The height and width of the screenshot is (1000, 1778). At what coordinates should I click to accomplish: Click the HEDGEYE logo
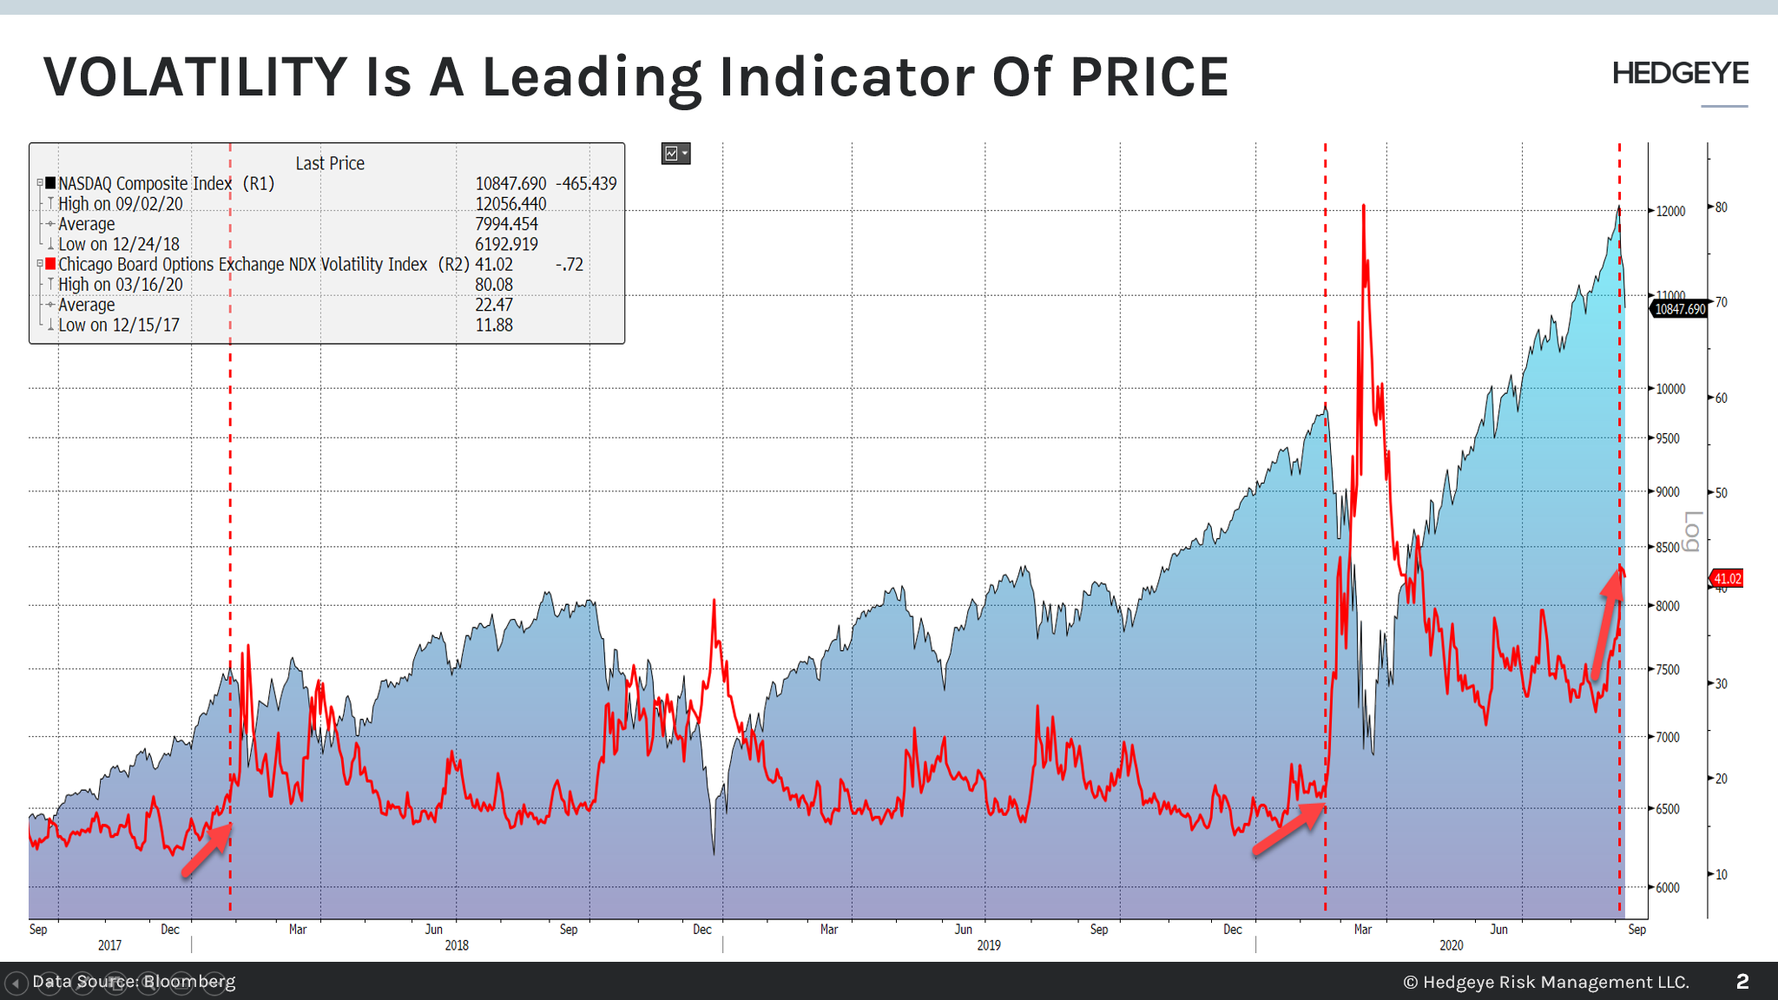pyautogui.click(x=1680, y=74)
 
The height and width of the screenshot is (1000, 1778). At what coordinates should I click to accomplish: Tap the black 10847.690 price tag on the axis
pyautogui.click(x=1679, y=309)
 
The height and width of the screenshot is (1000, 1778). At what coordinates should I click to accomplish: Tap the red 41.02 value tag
pyautogui.click(x=1727, y=578)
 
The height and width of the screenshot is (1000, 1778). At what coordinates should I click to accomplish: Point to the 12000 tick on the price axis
pyautogui.click(x=1670, y=211)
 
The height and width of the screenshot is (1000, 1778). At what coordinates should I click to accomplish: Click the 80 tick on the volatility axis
pyautogui.click(x=1721, y=207)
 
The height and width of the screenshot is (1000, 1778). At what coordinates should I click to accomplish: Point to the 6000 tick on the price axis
pyautogui.click(x=1667, y=887)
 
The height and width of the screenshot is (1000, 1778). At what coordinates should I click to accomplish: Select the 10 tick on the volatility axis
pyautogui.click(x=1721, y=874)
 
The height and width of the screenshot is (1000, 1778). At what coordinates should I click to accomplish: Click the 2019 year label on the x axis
pyautogui.click(x=988, y=945)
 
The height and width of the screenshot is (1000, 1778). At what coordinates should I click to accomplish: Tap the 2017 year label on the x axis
pyautogui.click(x=109, y=945)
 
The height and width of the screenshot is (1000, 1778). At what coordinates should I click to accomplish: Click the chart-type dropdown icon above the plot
pyautogui.click(x=675, y=154)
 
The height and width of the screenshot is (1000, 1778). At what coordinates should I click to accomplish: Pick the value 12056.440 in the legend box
pyautogui.click(x=510, y=204)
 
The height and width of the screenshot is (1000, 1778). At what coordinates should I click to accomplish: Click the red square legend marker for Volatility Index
pyautogui.click(x=51, y=264)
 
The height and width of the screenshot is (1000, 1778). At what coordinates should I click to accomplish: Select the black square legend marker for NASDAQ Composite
pyautogui.click(x=51, y=183)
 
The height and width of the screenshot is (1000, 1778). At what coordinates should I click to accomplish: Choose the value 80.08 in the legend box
pyautogui.click(x=494, y=285)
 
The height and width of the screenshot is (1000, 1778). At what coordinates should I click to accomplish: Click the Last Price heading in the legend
pyautogui.click(x=330, y=163)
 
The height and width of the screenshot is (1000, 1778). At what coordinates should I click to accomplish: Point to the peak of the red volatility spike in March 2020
pyautogui.click(x=1364, y=207)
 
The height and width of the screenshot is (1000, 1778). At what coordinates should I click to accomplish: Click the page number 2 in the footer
pyautogui.click(x=1742, y=982)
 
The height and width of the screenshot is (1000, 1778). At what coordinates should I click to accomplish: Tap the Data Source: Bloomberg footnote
pyautogui.click(x=134, y=982)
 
